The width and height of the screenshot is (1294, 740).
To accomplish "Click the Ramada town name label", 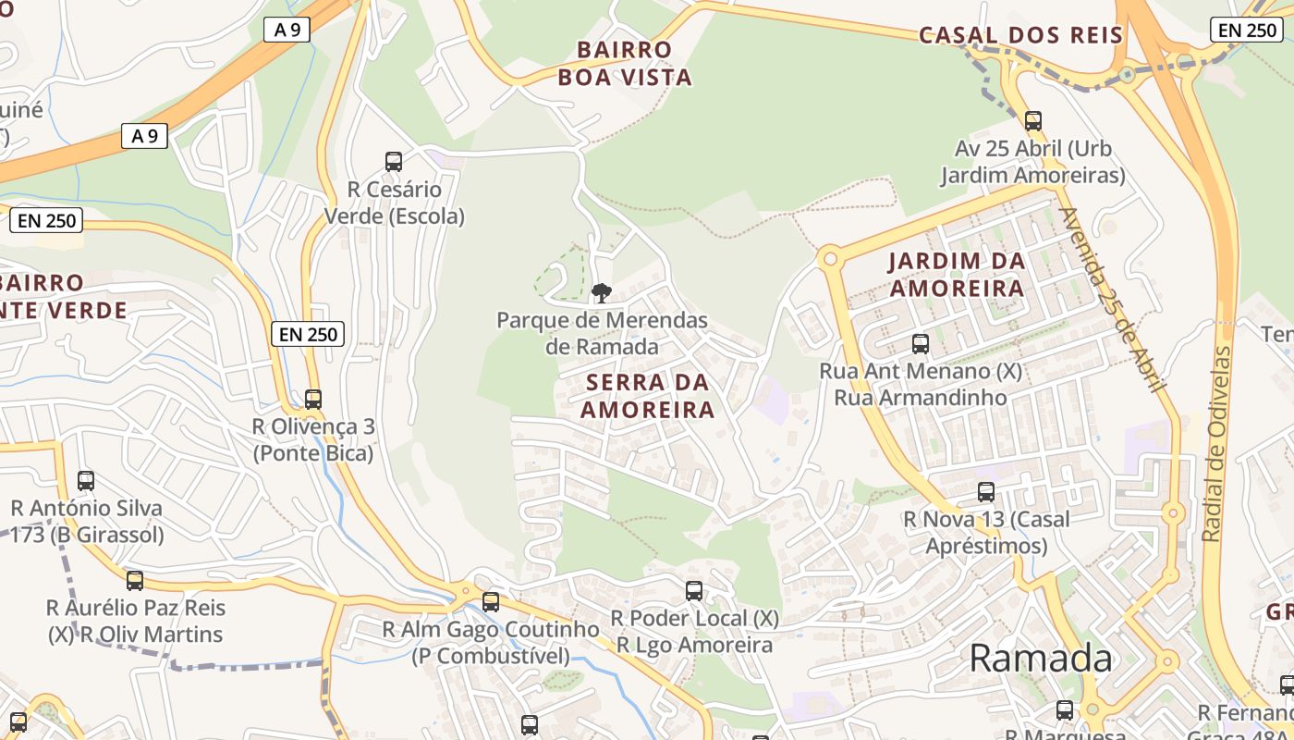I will coord(1041,658).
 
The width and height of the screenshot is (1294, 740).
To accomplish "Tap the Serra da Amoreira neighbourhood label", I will coord(647,395).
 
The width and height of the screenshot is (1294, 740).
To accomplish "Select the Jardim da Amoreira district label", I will coord(957,274).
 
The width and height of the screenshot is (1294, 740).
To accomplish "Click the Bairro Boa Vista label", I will coord(625,63).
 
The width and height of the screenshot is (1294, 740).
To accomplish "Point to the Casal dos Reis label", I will coord(1020,35).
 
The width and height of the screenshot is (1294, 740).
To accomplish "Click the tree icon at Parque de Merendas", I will coord(602,293).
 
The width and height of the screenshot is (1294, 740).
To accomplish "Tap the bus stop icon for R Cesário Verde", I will coord(394,162).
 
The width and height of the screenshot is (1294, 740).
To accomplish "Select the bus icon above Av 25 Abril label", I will coord(1033,120).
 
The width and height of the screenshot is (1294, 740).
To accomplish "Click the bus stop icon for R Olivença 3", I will coord(313,400).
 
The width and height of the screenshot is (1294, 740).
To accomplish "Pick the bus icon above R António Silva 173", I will coord(86,481).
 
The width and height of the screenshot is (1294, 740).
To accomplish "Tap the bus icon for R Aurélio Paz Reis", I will coord(135,581).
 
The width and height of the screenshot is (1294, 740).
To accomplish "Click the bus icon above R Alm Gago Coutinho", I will coord(491,602).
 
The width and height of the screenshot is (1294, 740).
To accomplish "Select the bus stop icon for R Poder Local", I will coord(694,591).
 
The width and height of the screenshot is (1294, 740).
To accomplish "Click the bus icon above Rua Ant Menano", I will coord(921,344).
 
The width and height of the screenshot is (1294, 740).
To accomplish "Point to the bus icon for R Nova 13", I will coord(986,492).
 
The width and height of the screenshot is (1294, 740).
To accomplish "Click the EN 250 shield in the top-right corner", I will coord(1247,30).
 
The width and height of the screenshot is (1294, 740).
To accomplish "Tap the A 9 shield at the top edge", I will coord(287,30).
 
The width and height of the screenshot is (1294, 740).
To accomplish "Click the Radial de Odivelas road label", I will coord(1217,444).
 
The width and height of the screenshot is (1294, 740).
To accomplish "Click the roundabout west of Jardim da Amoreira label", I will coord(830,259).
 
